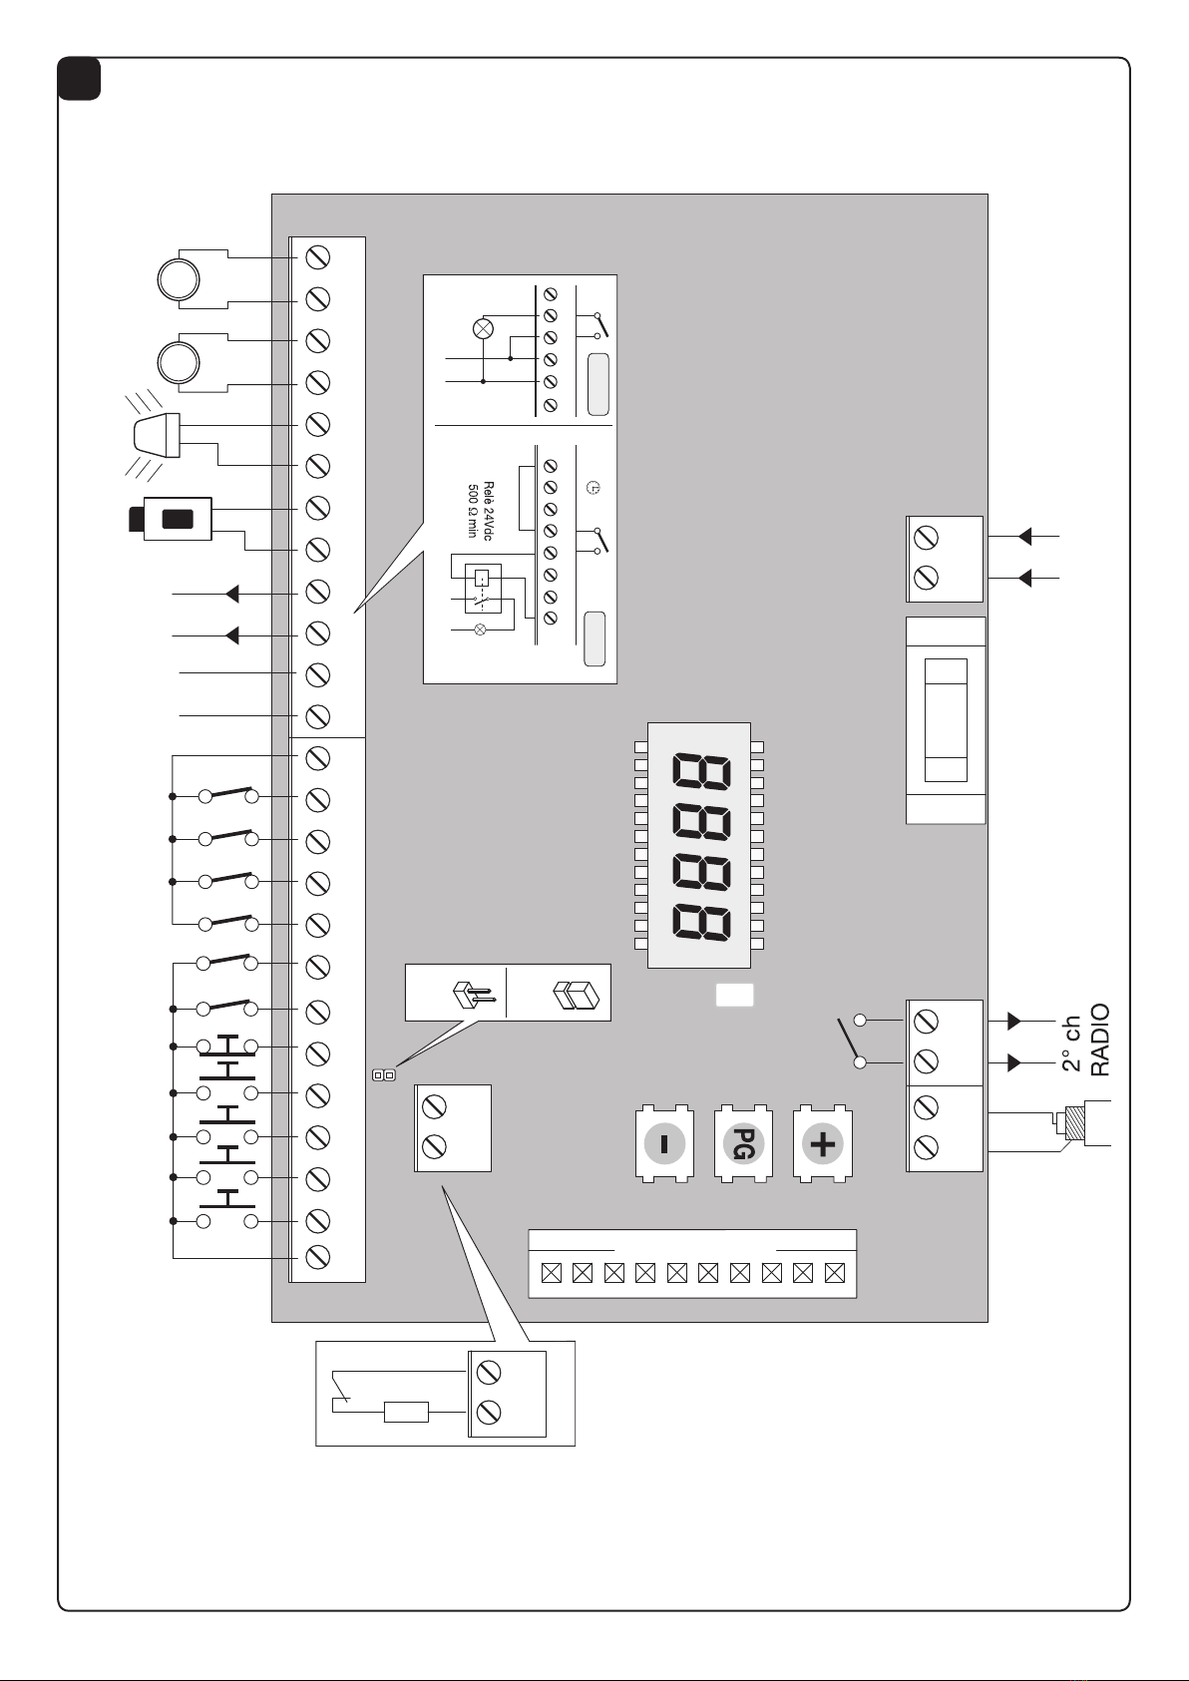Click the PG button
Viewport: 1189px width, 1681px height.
tap(743, 1143)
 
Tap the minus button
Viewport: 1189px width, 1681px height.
tap(664, 1143)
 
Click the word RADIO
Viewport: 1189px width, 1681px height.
tap(1099, 1041)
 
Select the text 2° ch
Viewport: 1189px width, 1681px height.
tap(1072, 1044)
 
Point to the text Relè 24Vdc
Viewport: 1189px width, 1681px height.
tap(488, 511)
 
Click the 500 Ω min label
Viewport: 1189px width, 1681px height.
tap(473, 511)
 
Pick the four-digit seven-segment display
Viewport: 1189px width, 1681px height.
tap(699, 845)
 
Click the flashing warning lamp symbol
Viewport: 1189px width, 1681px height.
tap(154, 435)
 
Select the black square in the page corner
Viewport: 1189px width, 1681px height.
tap(79, 79)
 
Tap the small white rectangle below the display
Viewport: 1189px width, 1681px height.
tap(734, 995)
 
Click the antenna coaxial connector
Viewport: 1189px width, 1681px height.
tap(1072, 1122)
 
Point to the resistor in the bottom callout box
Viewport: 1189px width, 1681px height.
tap(407, 1412)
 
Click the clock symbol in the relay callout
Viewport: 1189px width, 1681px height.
tap(593, 488)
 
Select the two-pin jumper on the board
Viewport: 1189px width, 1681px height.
tap(384, 1075)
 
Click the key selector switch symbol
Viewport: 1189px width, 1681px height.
tap(171, 519)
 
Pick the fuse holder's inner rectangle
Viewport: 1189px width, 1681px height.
tap(946, 720)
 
